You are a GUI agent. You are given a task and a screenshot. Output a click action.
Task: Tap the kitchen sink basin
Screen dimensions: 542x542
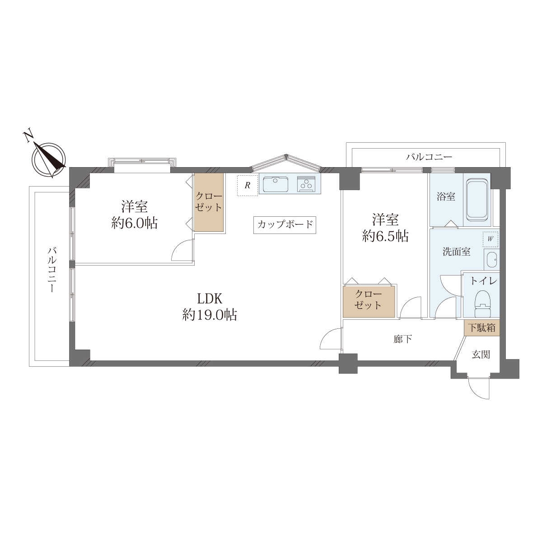pos(276,184)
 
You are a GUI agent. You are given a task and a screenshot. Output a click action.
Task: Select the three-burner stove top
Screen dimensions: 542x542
pos(307,184)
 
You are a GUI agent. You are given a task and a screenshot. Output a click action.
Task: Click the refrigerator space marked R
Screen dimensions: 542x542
pos(248,185)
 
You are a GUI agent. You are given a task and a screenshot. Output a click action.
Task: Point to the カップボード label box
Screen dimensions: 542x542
pos(285,225)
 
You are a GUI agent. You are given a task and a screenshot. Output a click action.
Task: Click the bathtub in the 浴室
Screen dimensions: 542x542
pos(477,200)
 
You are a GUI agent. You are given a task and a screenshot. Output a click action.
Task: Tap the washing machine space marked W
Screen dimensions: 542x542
pos(491,239)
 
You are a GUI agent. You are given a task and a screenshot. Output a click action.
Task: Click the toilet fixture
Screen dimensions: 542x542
pos(482,304)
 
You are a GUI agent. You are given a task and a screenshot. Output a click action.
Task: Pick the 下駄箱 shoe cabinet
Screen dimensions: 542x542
pos(481,327)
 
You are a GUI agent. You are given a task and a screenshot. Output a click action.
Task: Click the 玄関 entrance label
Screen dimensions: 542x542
pos(481,355)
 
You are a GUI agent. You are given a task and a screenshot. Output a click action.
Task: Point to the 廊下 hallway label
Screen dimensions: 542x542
pos(403,339)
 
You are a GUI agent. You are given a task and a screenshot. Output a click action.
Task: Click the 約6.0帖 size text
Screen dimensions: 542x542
pos(135,223)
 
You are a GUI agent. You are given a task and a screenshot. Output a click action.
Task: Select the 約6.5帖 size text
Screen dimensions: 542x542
pos(386,236)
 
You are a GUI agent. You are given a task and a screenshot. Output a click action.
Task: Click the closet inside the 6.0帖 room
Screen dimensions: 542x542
pos(209,202)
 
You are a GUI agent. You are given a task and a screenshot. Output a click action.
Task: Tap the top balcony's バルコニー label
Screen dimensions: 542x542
pos(429,157)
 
